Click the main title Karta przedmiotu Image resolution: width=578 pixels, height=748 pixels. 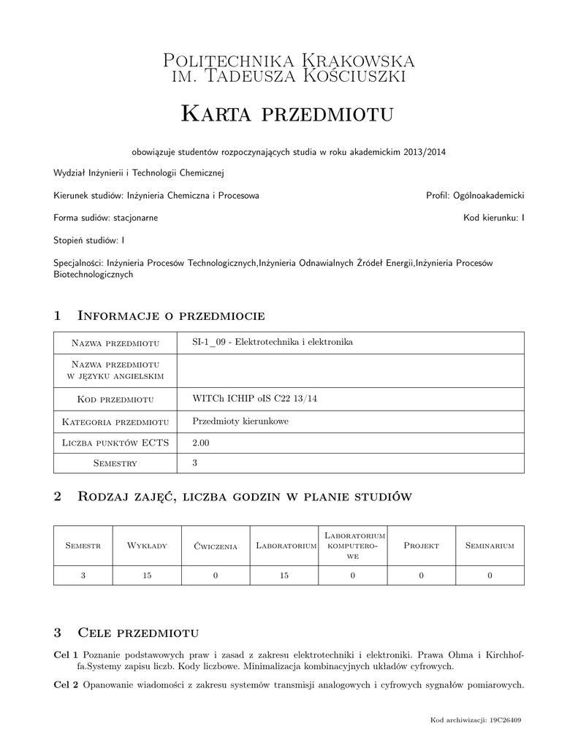pos(287,114)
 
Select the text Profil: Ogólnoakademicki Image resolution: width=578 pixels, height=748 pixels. pos(475,196)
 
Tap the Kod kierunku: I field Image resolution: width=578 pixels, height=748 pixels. pos(494,218)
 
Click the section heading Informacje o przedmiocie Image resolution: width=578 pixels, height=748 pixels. pos(170,316)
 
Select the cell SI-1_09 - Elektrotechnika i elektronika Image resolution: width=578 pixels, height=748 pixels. pos(273,342)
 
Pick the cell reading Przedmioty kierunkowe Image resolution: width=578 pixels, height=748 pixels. pos(240,421)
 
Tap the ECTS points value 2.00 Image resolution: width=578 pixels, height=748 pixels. pos(200,443)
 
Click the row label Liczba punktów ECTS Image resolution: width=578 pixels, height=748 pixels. pos(115,443)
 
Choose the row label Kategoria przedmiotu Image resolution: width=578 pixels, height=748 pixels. pos(115,421)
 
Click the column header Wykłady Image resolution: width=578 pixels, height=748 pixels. pos(147,546)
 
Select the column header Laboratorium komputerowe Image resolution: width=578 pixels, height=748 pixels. pos(352,546)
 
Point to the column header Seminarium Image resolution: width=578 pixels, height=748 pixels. pos(490,546)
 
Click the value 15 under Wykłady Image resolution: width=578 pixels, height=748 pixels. pos(147,576)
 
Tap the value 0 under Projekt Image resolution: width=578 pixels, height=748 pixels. pos(421,576)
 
